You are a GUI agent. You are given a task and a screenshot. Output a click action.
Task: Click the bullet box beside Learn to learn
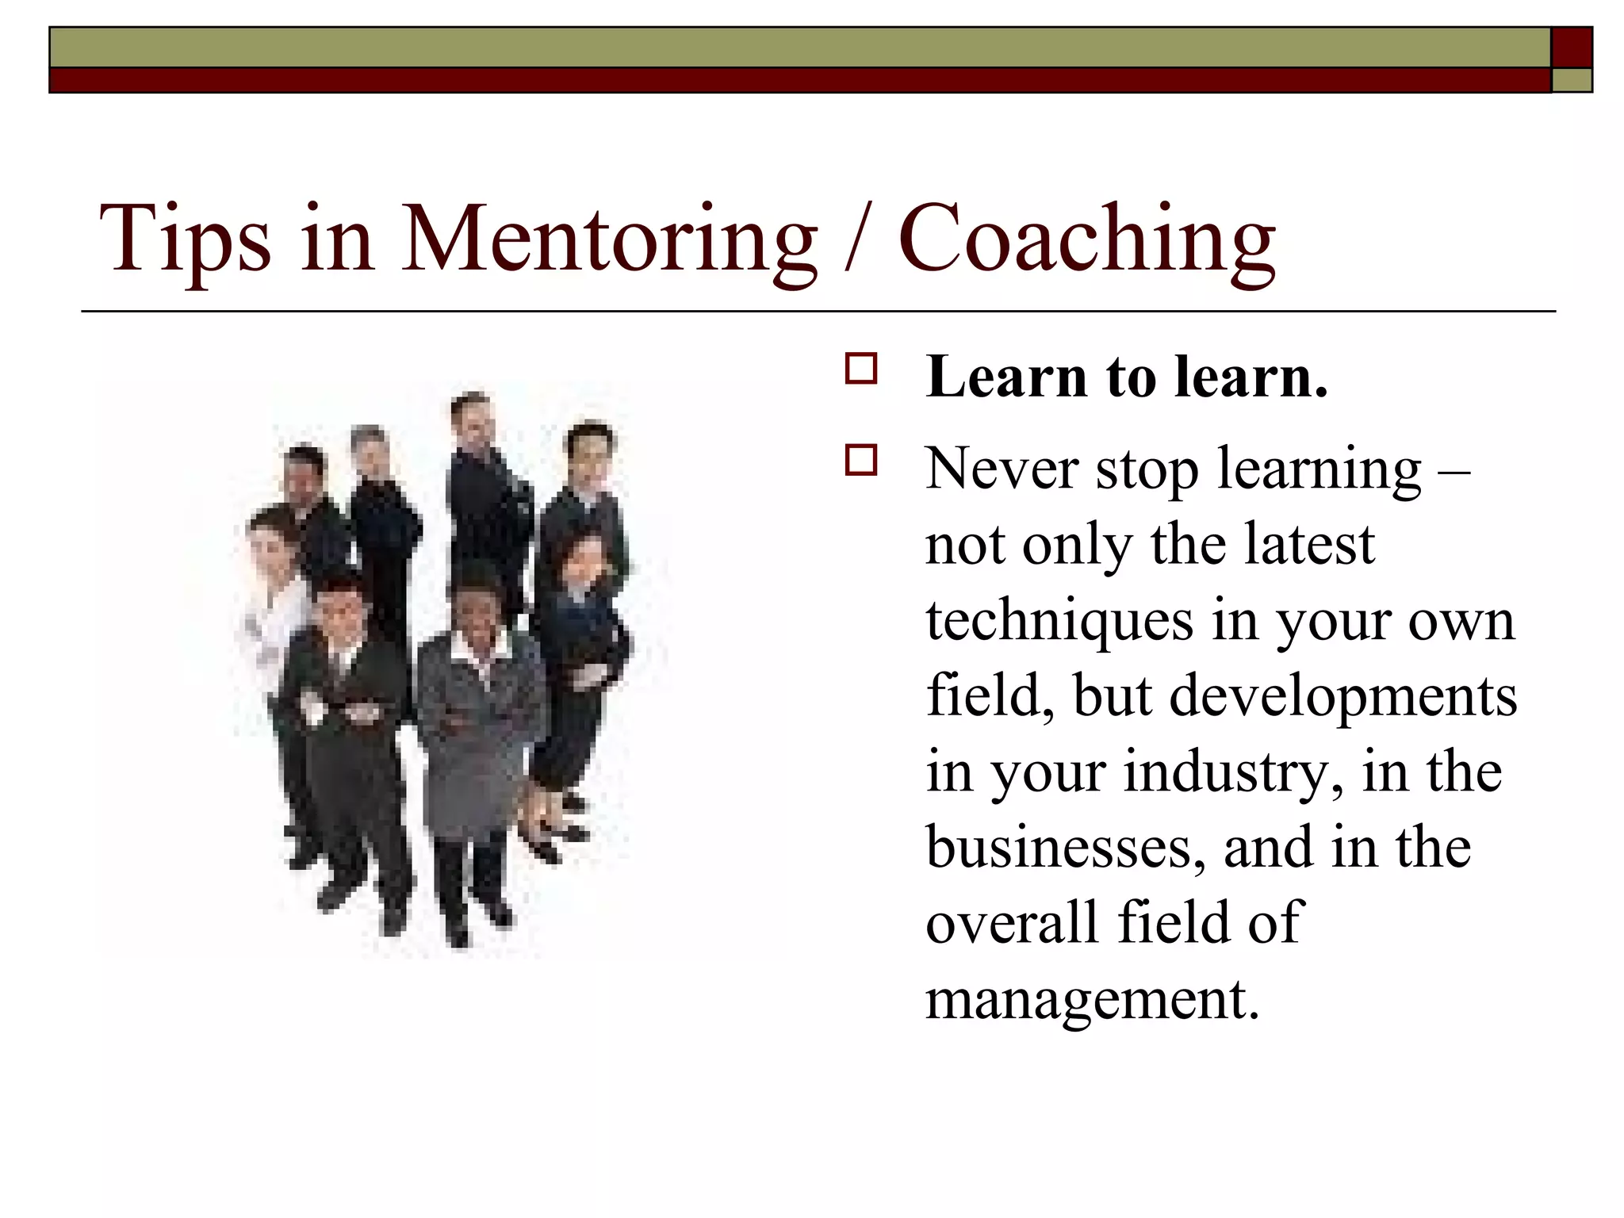tap(861, 370)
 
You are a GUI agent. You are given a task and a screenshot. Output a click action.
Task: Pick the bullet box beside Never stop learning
tap(861, 461)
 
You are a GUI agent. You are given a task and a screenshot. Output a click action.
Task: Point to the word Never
tap(1001, 469)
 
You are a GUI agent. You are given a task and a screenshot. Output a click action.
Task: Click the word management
tap(1091, 999)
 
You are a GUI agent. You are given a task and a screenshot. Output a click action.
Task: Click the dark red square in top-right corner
tap(1572, 48)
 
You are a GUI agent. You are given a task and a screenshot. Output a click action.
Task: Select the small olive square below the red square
tap(1572, 80)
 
